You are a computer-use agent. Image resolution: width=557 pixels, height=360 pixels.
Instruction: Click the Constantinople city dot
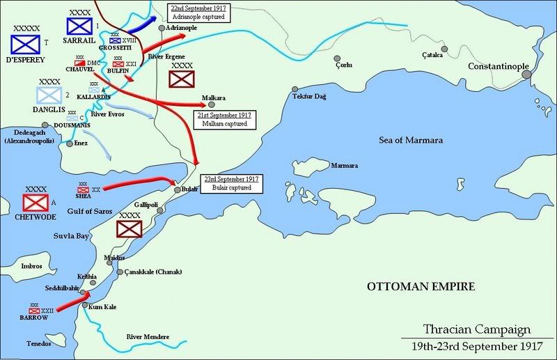pyautogui.click(x=526, y=72)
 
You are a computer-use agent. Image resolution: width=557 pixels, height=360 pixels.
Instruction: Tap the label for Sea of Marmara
pyautogui.click(x=411, y=140)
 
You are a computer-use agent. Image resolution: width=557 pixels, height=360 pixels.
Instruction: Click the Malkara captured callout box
pyautogui.click(x=226, y=118)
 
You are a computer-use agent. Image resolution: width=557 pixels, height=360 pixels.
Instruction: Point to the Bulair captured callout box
pyautogui.click(x=231, y=183)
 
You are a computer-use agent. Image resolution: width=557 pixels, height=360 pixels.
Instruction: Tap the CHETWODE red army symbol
pyautogui.click(x=34, y=203)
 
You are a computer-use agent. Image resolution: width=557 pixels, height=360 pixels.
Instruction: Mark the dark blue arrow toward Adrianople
pyautogui.click(x=143, y=25)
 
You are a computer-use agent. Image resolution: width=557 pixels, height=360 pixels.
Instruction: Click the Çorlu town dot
pyautogui.click(x=337, y=59)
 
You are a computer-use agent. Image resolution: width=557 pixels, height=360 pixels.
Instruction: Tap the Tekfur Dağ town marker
pyautogui.click(x=295, y=89)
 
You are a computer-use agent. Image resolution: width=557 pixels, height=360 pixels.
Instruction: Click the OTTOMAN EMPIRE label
pyautogui.click(x=422, y=286)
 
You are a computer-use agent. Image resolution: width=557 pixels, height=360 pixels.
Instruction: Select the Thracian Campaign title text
pyautogui.click(x=478, y=329)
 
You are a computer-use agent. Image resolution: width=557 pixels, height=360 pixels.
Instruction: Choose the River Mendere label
pyautogui.click(x=148, y=337)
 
